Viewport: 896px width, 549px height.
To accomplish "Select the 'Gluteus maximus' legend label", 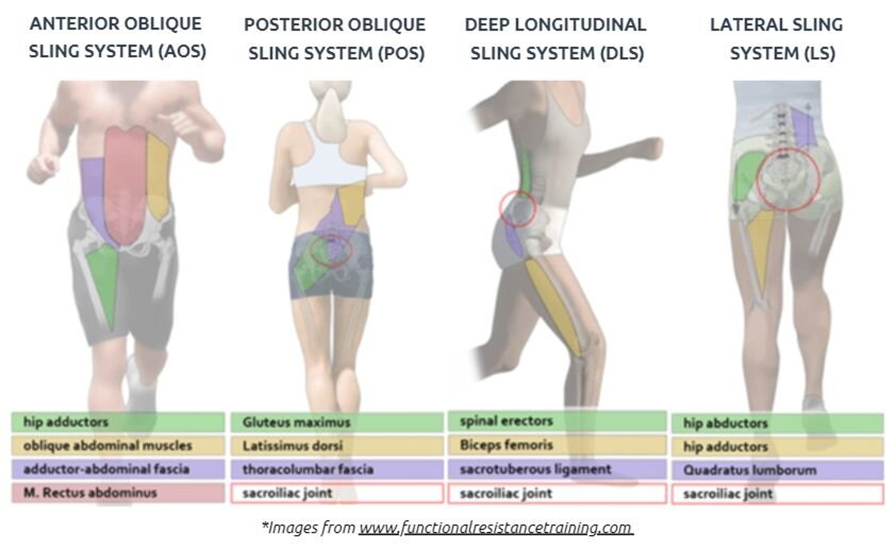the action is (297, 422).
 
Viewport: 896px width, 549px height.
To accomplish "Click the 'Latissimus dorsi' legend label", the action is (293, 446).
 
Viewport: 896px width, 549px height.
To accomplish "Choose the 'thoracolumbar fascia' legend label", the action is (308, 470).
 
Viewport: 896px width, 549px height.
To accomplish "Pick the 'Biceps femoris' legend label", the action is (506, 445).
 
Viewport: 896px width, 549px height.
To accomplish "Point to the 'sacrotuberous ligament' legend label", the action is (536, 470).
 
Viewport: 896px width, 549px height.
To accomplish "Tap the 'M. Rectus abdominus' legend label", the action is (90, 493).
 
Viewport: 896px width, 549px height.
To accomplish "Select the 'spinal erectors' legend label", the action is (506, 421).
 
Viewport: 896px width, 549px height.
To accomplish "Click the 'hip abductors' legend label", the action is (725, 423).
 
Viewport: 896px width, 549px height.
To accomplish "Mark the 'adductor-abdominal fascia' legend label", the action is (106, 469).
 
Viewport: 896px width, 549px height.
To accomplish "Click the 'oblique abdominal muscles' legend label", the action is (108, 446).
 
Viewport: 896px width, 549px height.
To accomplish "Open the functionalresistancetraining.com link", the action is (496, 528).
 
